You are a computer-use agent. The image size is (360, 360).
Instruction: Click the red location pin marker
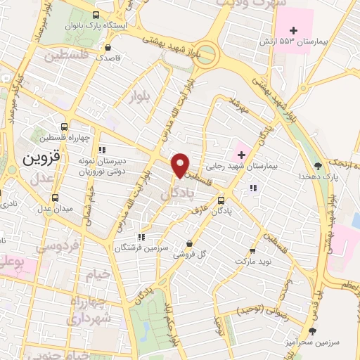(x=181, y=165)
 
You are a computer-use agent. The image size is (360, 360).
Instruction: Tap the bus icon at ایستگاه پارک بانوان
(x=96, y=14)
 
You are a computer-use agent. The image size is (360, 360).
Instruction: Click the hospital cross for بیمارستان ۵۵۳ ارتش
(x=294, y=30)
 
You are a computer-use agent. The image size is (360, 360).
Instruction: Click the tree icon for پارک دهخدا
(x=318, y=166)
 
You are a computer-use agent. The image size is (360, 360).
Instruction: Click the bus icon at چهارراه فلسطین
(x=65, y=127)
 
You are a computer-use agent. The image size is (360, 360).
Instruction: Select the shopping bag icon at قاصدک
(x=109, y=46)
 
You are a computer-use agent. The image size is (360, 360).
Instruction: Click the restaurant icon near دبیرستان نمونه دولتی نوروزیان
(x=102, y=149)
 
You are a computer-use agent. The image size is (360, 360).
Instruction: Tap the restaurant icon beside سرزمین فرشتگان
(x=142, y=237)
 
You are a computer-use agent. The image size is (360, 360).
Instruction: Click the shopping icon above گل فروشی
(x=188, y=244)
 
